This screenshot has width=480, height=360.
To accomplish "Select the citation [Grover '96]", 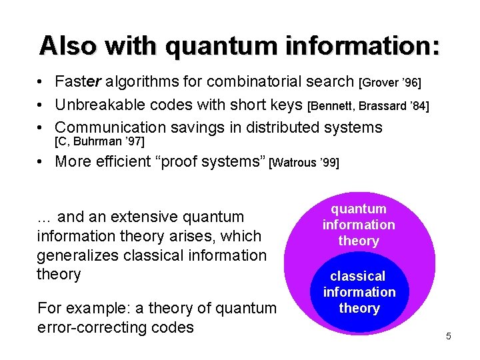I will click(x=390, y=83).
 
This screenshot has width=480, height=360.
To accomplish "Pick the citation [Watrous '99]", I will click(x=303, y=163).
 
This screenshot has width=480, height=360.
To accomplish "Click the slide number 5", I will click(x=449, y=336).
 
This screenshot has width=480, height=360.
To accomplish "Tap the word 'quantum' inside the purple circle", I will click(x=359, y=209).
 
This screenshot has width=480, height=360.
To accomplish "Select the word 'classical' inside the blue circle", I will click(x=359, y=276).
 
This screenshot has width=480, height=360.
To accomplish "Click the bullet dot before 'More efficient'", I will click(x=41, y=162).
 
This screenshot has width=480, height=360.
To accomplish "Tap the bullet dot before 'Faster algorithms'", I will click(x=41, y=83).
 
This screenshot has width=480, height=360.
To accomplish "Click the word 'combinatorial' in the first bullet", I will click(x=253, y=82).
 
